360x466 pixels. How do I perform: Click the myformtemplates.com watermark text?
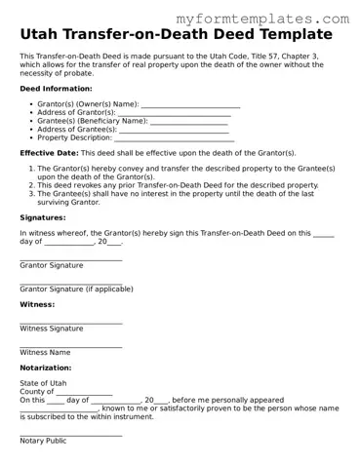coord(276,19)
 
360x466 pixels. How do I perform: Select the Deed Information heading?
coord(56,88)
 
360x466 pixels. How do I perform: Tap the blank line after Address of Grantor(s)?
coord(174,113)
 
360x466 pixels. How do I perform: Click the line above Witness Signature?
coord(70,323)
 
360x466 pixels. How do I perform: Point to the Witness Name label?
coord(45,352)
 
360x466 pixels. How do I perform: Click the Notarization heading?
coord(46,368)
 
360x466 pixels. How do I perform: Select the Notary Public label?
coord(43,441)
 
